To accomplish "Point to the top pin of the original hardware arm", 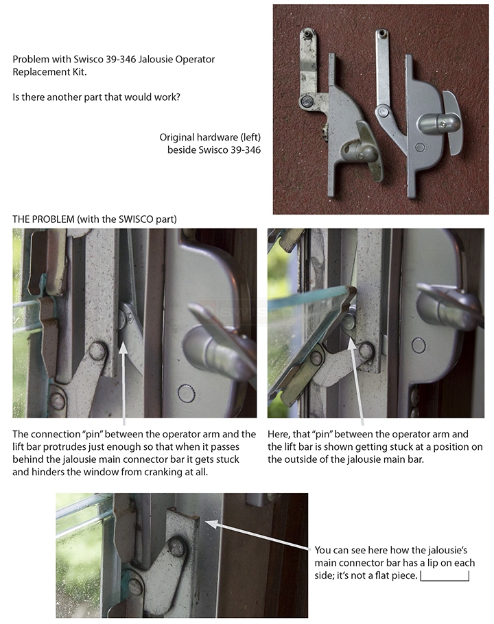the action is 307,34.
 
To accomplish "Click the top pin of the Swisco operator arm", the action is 381,33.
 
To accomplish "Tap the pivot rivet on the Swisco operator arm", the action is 384,111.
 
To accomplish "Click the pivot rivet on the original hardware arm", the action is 307,101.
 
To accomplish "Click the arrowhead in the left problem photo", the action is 123,348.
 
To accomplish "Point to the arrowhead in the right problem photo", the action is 351,345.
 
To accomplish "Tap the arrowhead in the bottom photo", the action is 212,523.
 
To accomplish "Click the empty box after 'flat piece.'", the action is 445,576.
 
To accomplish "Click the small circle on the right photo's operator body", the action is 419,346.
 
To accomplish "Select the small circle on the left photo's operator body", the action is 187,393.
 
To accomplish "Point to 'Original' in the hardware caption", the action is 176,137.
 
